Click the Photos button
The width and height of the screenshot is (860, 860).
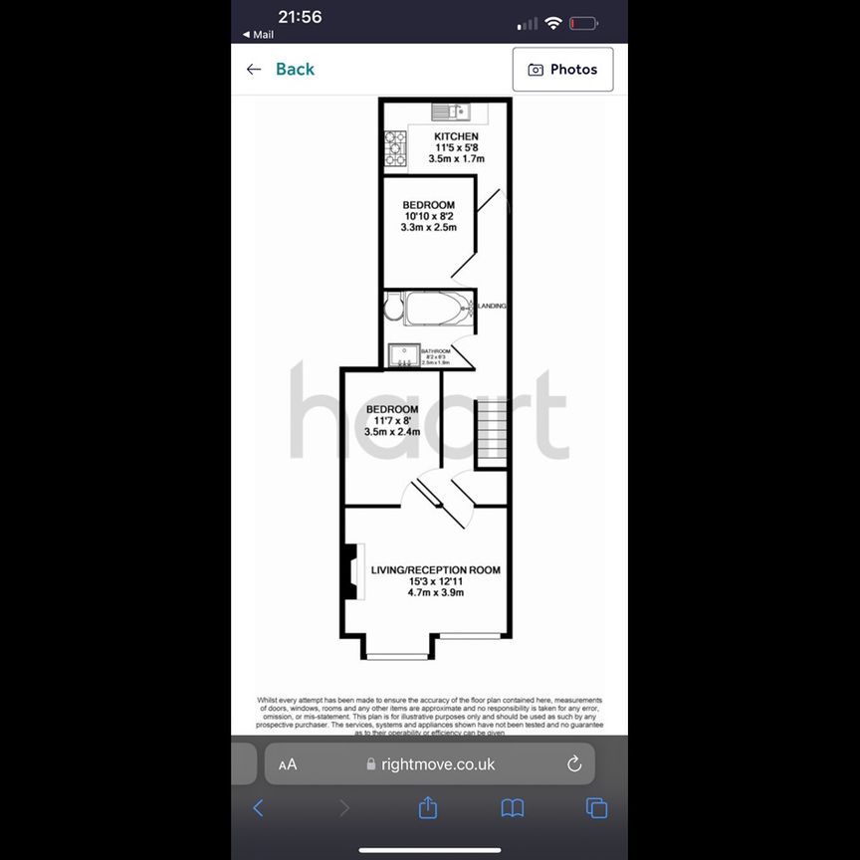562,70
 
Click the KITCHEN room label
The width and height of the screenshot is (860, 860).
456,136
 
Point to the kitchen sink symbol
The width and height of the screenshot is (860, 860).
449,110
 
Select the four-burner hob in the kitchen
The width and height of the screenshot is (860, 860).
395,149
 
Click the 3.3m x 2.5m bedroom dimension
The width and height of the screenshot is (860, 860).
429,228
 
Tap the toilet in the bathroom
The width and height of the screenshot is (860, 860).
393,309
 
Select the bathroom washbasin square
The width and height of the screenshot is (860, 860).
403,355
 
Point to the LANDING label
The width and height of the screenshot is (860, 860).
493,306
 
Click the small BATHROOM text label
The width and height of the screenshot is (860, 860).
435,351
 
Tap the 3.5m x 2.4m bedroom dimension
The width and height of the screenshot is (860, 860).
392,432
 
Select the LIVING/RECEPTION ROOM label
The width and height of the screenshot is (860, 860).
435,570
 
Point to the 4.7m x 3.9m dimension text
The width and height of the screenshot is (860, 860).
436,593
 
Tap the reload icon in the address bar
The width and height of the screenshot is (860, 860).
574,764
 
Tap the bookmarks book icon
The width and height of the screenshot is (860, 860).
513,807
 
